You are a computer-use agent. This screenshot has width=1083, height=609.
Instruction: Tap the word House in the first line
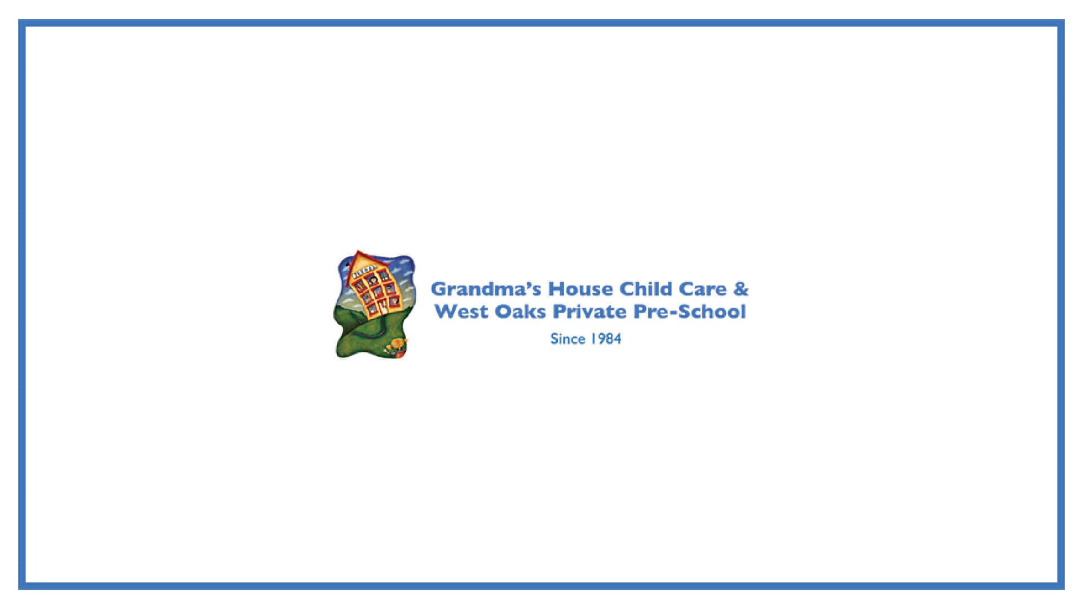[x=580, y=289]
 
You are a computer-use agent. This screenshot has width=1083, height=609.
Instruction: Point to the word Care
[x=702, y=289]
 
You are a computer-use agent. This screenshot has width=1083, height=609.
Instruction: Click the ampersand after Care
[x=741, y=289]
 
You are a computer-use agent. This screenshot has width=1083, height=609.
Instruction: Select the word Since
[x=567, y=338]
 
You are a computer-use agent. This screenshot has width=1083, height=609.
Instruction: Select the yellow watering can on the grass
[x=398, y=343]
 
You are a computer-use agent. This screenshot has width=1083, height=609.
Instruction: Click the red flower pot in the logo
[x=400, y=354]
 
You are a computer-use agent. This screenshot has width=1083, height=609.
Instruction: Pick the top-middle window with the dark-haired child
[x=372, y=279]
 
